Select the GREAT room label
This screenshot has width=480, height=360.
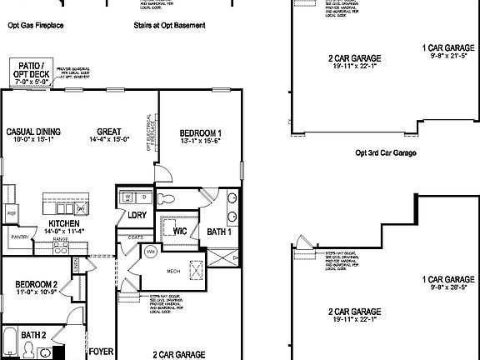coord(109,132)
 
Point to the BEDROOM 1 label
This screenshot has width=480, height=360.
coord(200,133)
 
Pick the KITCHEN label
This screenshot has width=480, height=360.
coord(63,224)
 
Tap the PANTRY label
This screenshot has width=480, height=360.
coord(20,237)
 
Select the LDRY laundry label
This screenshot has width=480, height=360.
coord(137,215)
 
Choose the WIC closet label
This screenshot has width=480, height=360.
coord(179,231)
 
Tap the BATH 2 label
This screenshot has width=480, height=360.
coord(33,334)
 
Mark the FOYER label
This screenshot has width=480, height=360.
coord(101,352)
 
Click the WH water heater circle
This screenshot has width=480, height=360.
coord(151,251)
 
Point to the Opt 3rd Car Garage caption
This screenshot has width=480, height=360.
coord(385,152)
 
